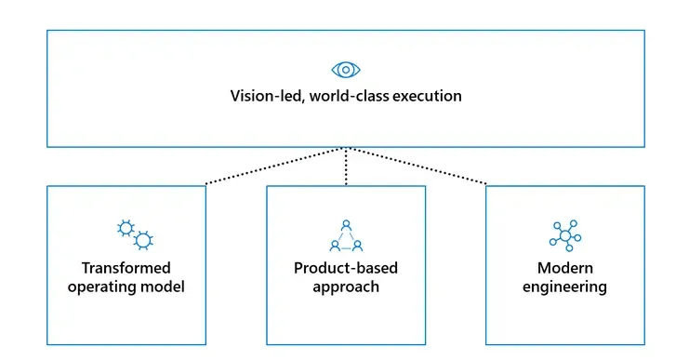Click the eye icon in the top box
[x=345, y=70]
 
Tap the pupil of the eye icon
[x=345, y=70]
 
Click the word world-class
[x=346, y=96]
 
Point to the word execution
[x=426, y=96]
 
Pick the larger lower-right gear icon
[x=142, y=241]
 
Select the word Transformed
[x=126, y=268]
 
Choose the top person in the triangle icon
[x=346, y=224]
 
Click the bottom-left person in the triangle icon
[x=335, y=246]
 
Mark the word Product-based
[x=345, y=268]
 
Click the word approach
[x=345, y=287]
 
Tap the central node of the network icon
[x=563, y=237]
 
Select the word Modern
[x=564, y=268]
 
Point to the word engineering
[x=564, y=287]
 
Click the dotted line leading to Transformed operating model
[x=275, y=167]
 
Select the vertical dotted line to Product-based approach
[x=346, y=167]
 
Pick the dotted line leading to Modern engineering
[x=417, y=167]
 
